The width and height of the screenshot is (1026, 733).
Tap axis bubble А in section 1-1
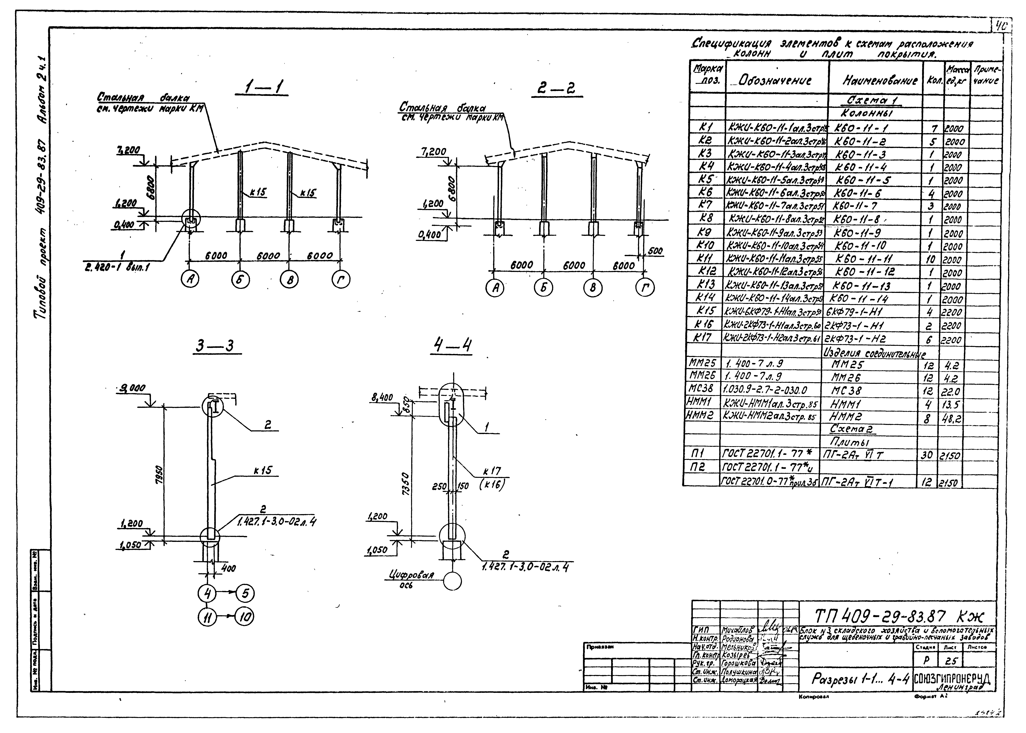(190, 280)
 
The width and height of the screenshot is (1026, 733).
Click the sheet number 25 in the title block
(951, 661)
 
